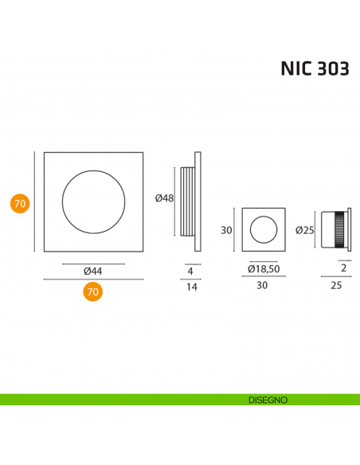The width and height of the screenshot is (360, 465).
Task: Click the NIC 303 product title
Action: coord(314,68)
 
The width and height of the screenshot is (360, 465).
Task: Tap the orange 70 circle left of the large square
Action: coord(21,204)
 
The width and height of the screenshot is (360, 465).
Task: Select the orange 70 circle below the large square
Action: coord(93,292)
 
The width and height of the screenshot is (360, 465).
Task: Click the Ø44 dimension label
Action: coord(93,272)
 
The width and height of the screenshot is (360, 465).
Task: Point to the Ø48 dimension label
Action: coord(164,198)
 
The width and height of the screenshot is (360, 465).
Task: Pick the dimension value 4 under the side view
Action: coord(190,272)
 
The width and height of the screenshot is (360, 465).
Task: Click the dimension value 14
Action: coord(190,287)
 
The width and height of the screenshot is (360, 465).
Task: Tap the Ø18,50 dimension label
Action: coord(263,269)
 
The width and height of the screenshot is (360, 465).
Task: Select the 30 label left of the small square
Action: coord(226,231)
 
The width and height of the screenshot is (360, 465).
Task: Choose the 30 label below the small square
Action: coord(263,287)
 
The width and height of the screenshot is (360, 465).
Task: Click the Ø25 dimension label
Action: coord(304,231)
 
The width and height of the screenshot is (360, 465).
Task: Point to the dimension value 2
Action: coord(343,269)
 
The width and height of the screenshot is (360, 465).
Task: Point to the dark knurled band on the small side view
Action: coord(342,231)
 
